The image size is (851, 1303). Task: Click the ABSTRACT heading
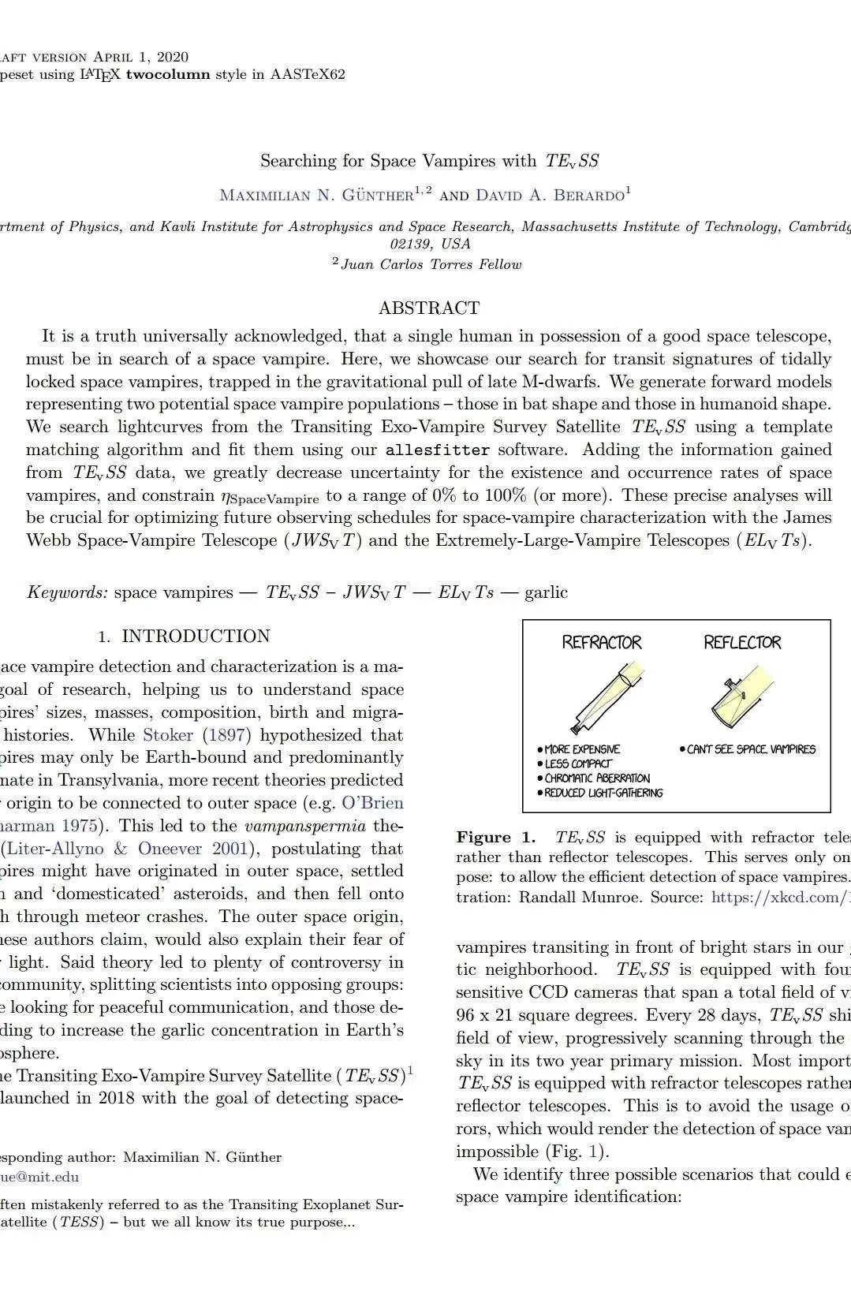428,308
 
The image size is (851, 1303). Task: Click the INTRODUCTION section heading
196,637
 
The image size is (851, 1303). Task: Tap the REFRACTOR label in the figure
601,642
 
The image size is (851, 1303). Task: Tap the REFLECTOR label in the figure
742,642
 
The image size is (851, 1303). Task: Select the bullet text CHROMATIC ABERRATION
597,778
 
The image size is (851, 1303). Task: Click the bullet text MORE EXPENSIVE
582,749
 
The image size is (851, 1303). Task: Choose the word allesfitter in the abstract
437,450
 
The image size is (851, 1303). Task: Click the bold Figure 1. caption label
495,837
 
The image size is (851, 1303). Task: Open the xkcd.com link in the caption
780,897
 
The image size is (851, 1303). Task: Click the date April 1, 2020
140,57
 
